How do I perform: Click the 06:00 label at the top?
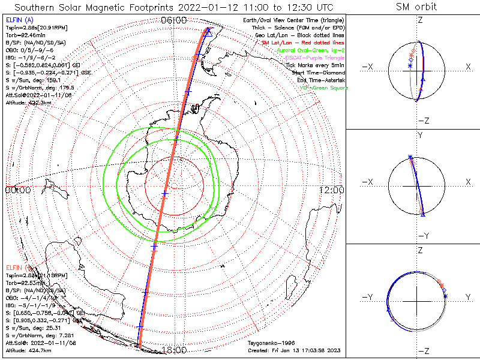click(x=173, y=20)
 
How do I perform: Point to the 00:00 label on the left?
click(x=18, y=190)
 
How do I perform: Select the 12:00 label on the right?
click(x=331, y=190)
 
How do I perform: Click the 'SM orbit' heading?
click(x=416, y=7)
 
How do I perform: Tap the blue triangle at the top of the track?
click(x=208, y=32)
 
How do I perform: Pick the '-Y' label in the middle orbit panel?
click(x=420, y=235)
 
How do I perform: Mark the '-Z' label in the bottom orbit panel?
click(x=424, y=351)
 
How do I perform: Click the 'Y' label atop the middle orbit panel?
click(x=420, y=136)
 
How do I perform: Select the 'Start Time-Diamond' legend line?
click(x=316, y=73)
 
